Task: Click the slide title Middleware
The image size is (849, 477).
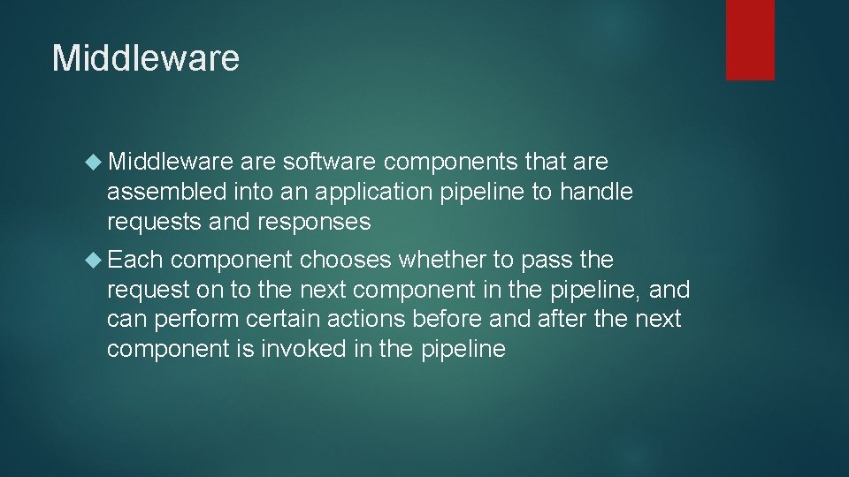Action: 146,58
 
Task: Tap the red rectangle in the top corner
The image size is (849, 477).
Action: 750,40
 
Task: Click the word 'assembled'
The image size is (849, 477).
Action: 167,192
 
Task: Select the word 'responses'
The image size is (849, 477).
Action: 314,223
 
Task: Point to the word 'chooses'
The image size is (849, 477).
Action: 346,260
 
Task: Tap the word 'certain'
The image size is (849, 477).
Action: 302,319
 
